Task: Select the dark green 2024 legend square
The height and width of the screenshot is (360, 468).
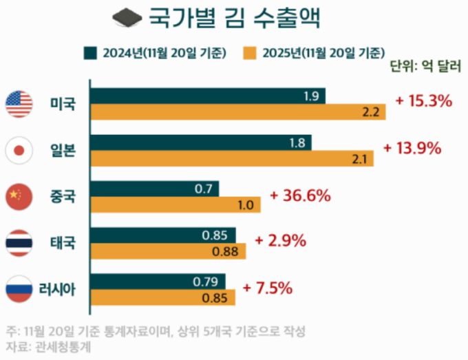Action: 89,52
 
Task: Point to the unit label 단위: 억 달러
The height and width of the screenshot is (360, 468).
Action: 425,67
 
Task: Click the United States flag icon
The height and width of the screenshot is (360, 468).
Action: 19,104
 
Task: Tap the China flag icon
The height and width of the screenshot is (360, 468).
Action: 19,196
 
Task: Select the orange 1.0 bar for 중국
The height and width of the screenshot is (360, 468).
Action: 175,205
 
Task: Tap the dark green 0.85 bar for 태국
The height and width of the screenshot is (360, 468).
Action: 163,235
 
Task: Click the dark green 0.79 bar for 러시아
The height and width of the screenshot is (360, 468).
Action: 159,282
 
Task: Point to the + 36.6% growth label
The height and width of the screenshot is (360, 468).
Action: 300,195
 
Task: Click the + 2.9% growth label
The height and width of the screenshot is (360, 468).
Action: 280,241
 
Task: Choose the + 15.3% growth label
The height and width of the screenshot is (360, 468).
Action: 423,101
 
